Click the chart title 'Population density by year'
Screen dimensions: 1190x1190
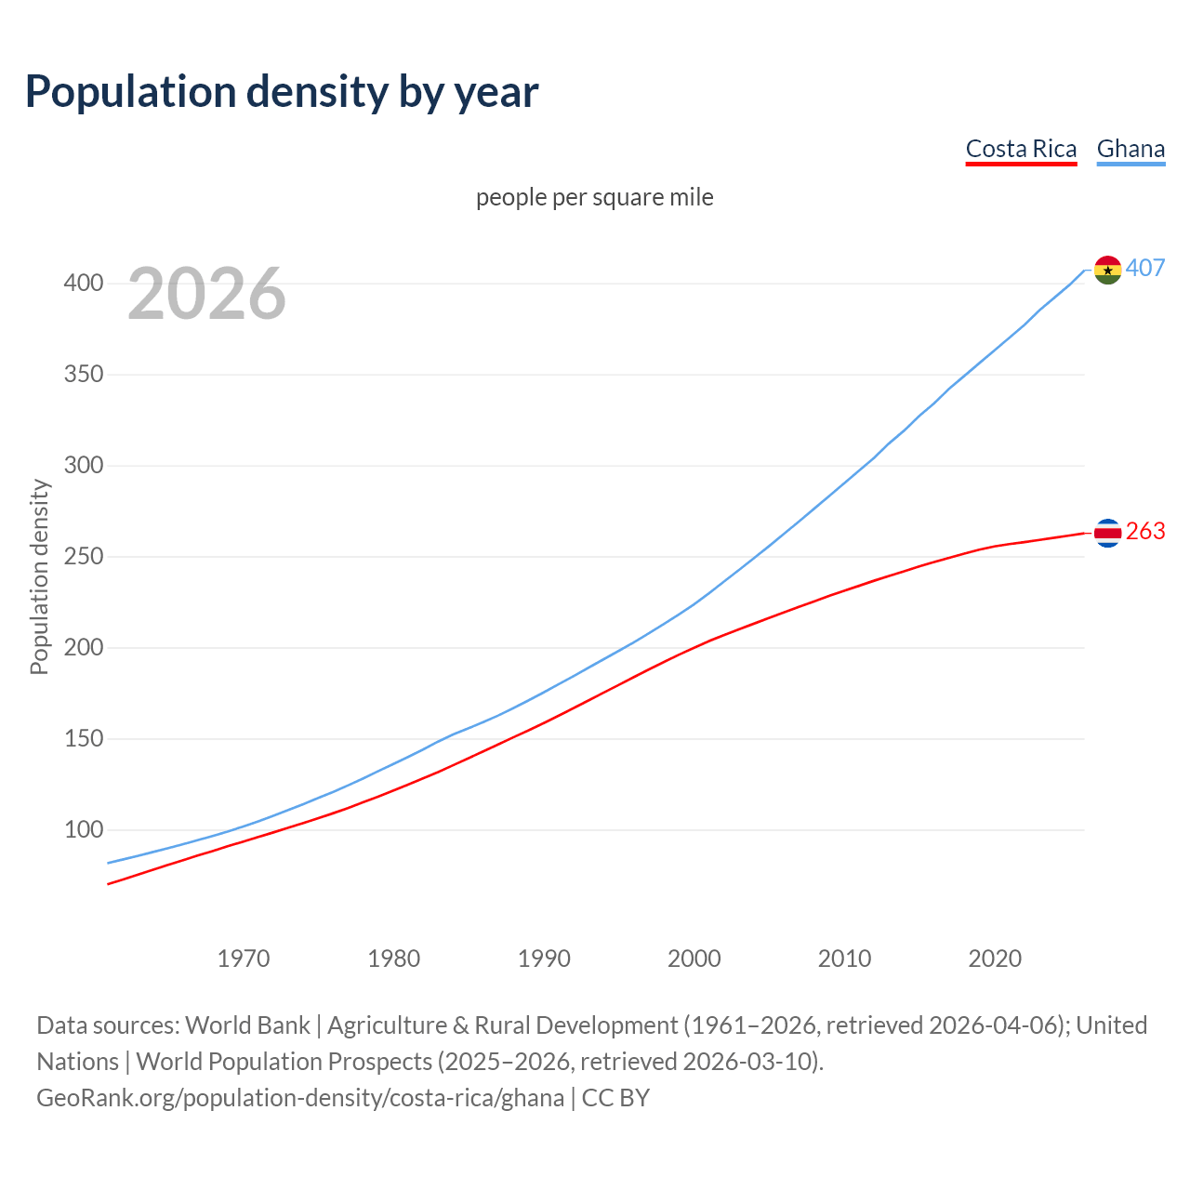tap(282, 92)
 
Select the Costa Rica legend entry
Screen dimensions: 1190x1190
tap(1021, 149)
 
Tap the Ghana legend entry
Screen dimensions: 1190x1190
tap(1130, 149)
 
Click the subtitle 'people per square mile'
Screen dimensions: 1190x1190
tap(594, 197)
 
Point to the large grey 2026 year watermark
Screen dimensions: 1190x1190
tap(206, 294)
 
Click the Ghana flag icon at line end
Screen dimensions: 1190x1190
tap(1107, 270)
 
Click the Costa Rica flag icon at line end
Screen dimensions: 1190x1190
tap(1107, 533)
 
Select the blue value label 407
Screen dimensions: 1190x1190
tap(1145, 268)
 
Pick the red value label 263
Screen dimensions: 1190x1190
tap(1145, 531)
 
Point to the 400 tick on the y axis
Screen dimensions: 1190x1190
tap(84, 283)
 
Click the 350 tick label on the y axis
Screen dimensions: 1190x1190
tap(84, 374)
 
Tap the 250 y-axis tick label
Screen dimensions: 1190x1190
tap(84, 556)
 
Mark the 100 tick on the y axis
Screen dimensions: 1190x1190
tap(84, 829)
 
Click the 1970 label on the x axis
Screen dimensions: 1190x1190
tap(244, 958)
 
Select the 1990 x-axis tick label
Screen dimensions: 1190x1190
tap(544, 958)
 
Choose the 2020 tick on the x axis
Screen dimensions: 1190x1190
tap(995, 958)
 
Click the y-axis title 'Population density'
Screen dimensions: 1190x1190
tap(39, 576)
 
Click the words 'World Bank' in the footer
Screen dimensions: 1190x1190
tap(247, 1025)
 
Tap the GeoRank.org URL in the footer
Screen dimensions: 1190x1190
tap(300, 1097)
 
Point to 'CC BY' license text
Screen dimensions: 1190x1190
tap(615, 1097)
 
